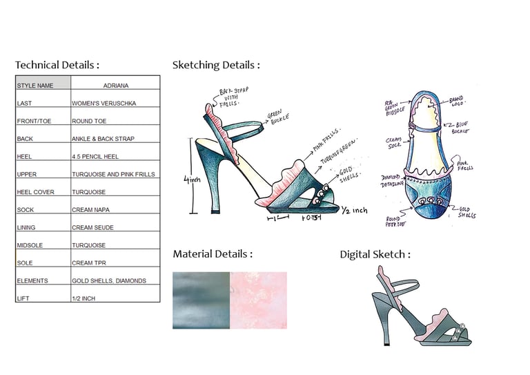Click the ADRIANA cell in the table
pos(115,86)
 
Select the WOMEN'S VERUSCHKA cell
pos(104,103)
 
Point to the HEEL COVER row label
pos(35,192)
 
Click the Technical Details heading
pos(57,66)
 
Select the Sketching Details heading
pos(216,66)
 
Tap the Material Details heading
pos(213,254)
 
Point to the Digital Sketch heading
pos(375,254)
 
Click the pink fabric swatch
pos(258,300)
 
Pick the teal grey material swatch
pos(201,300)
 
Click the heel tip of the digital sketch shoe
pos(386,343)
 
